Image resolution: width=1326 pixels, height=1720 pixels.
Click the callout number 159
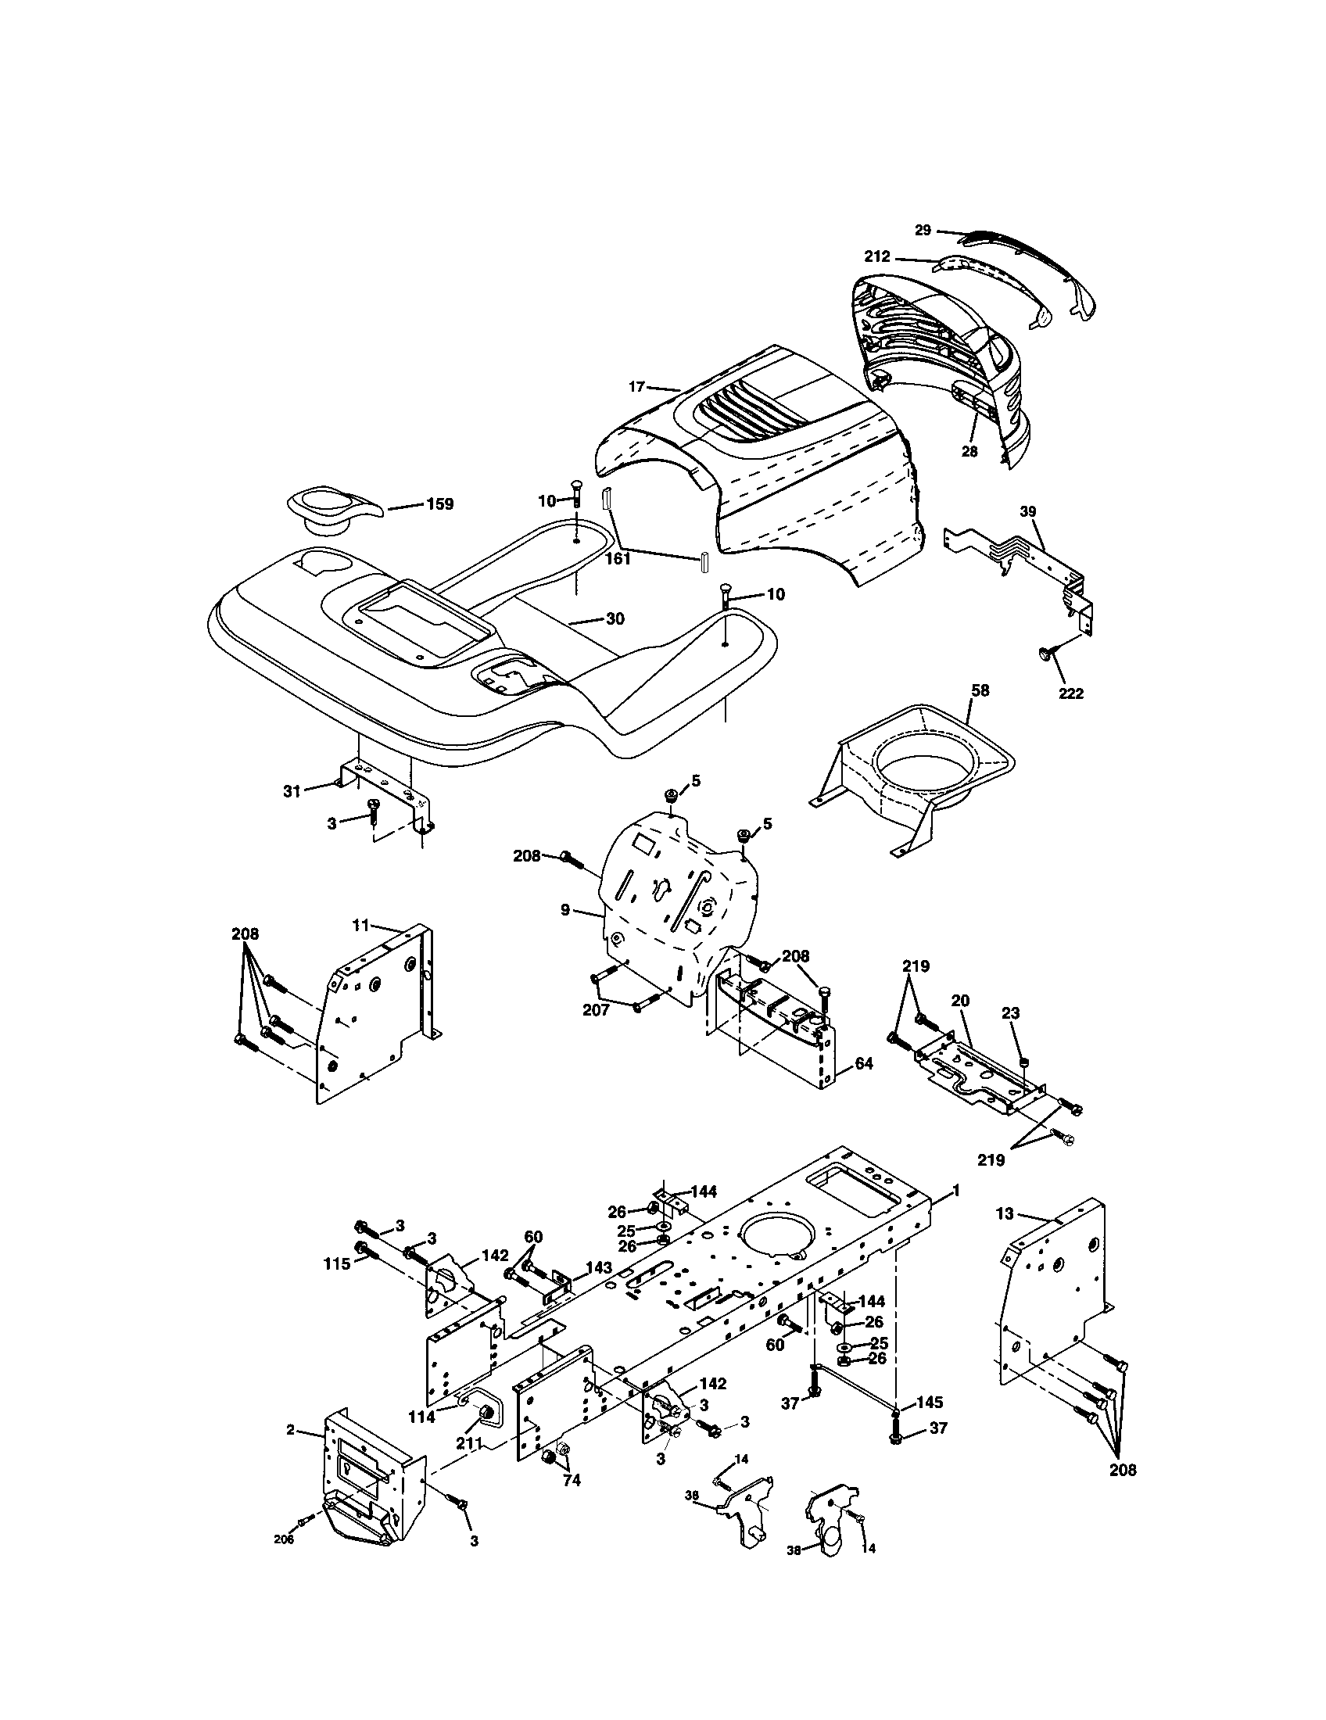tap(439, 504)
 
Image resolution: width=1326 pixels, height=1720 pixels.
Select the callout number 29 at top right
tap(923, 230)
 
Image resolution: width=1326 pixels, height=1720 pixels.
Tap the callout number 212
tap(876, 256)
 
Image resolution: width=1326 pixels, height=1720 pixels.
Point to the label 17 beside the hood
tap(637, 387)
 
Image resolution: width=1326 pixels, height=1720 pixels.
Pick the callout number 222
tap(1071, 693)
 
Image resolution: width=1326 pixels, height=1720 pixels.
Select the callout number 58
tap(980, 690)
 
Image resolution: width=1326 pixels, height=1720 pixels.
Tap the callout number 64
tap(864, 1063)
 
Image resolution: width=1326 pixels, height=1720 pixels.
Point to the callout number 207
tap(595, 1010)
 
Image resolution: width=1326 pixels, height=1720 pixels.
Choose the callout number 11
tap(360, 926)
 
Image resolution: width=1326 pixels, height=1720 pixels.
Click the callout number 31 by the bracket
tap(292, 790)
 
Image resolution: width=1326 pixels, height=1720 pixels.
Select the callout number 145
tap(930, 1403)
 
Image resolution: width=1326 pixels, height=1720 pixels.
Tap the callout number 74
tap(572, 1481)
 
